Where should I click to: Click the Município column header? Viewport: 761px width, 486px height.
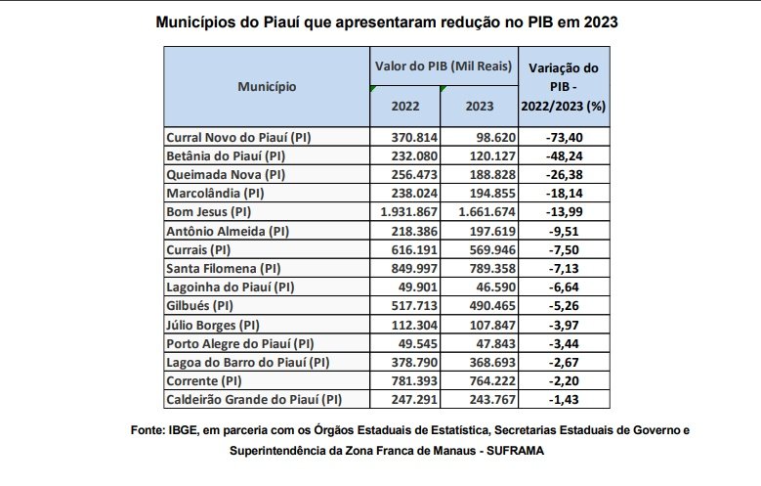[266, 86]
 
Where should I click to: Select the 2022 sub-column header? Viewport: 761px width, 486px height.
[405, 105]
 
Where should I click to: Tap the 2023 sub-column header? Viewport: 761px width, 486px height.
[479, 105]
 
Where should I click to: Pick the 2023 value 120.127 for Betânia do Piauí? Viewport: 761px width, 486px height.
[480, 155]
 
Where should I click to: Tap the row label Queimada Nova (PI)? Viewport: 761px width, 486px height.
[225, 174]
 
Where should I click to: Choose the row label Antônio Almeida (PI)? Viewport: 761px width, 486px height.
[228, 230]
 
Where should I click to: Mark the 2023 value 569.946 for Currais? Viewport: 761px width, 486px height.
[480, 248]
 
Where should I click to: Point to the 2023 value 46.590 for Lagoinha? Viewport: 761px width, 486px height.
[480, 286]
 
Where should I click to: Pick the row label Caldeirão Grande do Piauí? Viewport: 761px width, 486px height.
[255, 399]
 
